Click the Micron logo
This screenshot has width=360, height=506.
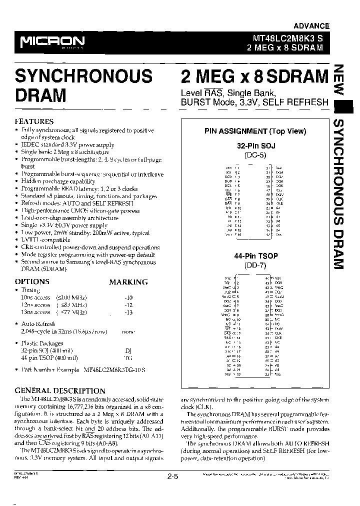(52, 41)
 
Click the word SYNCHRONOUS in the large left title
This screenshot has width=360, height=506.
(83, 76)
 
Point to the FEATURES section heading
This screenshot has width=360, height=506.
(34, 121)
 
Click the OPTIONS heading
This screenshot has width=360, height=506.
(32, 281)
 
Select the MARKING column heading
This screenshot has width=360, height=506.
(128, 282)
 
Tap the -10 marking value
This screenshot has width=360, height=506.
(128, 296)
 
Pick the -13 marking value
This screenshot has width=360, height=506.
(128, 312)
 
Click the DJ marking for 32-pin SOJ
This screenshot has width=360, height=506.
(128, 350)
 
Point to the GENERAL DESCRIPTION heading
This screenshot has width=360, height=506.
(60, 390)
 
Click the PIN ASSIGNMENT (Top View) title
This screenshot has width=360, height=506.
(255, 131)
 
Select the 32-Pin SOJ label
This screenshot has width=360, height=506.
(256, 145)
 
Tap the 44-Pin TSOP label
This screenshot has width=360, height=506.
(256, 256)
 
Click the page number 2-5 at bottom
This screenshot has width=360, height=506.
(172, 477)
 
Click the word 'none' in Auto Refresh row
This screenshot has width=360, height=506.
(128, 331)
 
